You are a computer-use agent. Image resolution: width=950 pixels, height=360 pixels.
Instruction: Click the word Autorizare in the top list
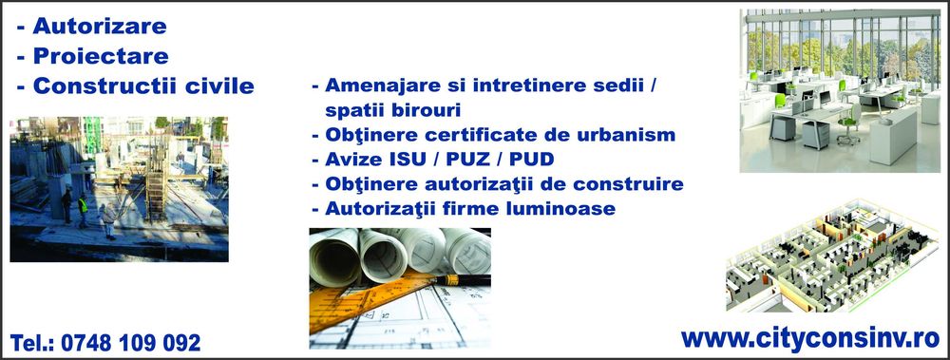99,25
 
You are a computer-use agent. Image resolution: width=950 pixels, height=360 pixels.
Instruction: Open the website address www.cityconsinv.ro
809,337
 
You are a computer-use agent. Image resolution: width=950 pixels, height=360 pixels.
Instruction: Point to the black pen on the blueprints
446,280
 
